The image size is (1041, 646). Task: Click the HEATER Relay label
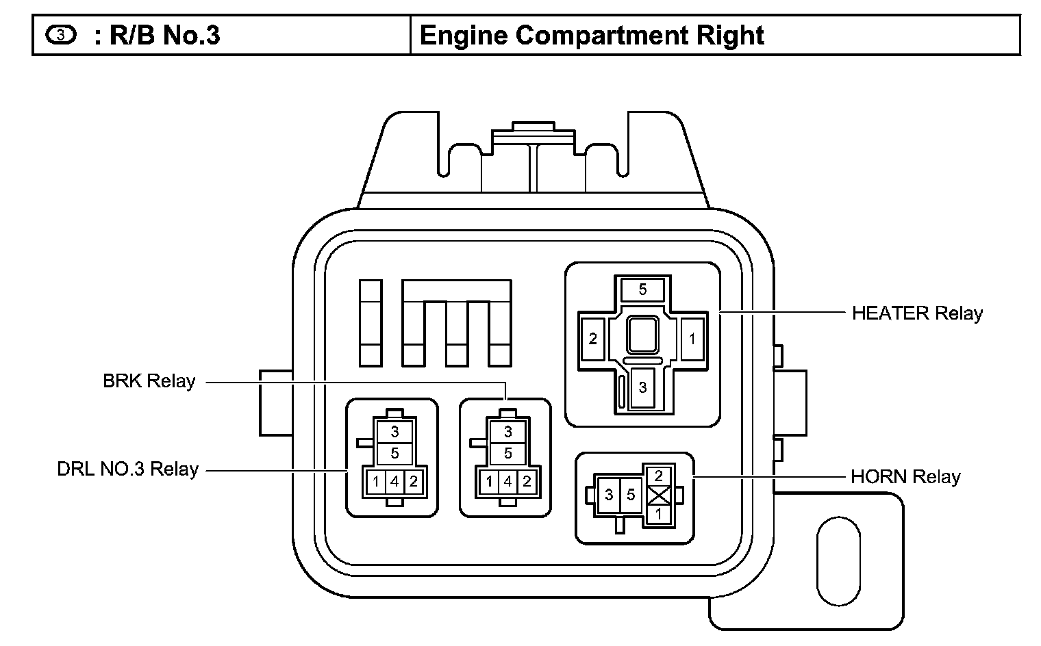click(916, 313)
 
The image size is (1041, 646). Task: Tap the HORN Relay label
click(905, 476)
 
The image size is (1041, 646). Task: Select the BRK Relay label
click(149, 381)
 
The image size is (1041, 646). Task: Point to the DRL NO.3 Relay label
click(127, 469)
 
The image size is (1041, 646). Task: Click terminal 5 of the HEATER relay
click(642, 289)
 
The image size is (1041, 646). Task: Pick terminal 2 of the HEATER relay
click(592, 338)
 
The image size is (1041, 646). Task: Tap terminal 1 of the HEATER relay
click(692, 338)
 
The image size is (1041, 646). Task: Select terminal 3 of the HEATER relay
click(642, 387)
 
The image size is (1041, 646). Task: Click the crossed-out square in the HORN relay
click(658, 495)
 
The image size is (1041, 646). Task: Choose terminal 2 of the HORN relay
click(658, 476)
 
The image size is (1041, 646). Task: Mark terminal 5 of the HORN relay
click(630, 494)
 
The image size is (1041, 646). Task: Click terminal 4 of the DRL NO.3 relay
click(394, 482)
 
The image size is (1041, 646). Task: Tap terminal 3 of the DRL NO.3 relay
click(394, 432)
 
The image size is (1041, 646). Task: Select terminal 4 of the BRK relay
click(507, 482)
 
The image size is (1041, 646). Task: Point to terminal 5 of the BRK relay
click(507, 453)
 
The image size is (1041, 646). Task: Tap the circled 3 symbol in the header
click(60, 35)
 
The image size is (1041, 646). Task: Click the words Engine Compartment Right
click(591, 35)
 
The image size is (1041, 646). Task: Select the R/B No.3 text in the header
click(164, 35)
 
